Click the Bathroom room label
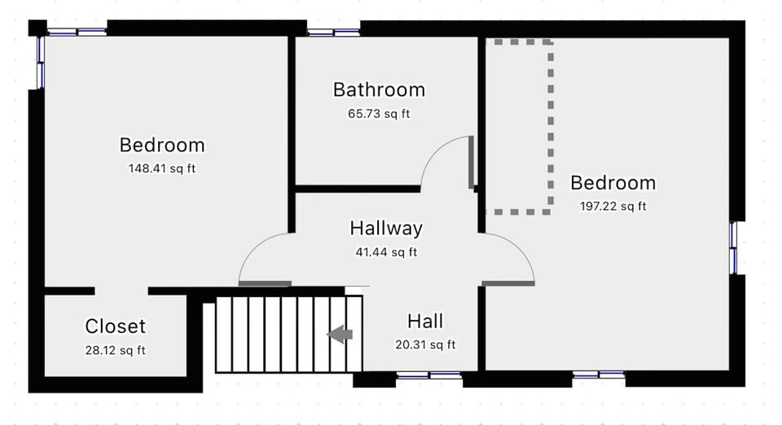coord(379,90)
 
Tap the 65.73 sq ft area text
coord(379,114)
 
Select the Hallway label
coord(386,228)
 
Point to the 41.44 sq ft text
coord(386,252)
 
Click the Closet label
coord(116,326)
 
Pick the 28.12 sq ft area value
coord(116,351)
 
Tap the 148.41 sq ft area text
coord(162,169)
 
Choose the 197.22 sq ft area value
coord(613,207)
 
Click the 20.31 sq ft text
coord(425,345)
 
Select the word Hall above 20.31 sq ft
coord(425,322)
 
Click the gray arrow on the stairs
coord(340,334)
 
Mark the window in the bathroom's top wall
coord(333,33)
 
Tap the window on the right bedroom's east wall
coord(733,248)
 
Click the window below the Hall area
coord(428,375)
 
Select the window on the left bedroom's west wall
coord(41,62)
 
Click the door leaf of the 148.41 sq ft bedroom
coord(265,283)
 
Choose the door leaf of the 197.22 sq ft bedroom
coord(507,283)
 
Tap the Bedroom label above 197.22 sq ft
coord(613,182)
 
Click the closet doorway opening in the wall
coord(121,291)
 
